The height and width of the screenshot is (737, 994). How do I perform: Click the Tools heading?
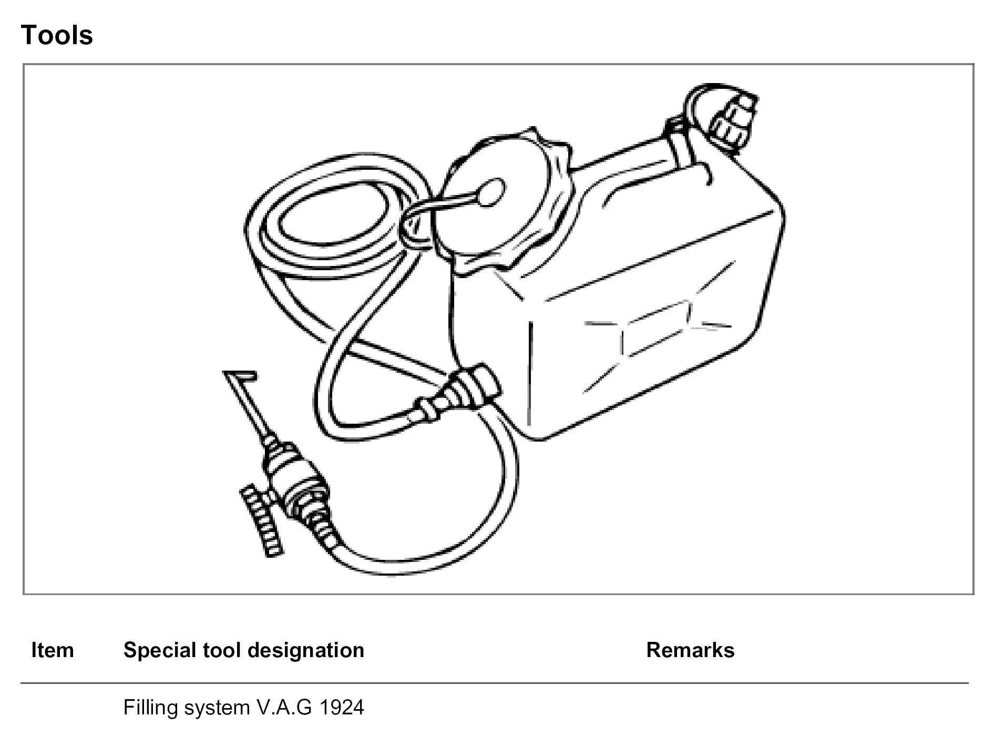(57, 36)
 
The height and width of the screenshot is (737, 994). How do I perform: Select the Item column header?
(53, 650)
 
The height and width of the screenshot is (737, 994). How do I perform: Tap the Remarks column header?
(690, 650)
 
